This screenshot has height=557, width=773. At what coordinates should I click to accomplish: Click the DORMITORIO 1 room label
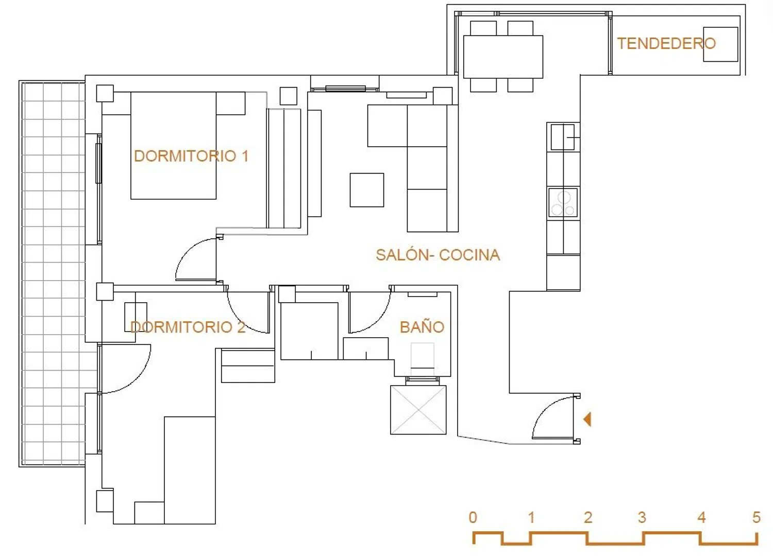tap(191, 156)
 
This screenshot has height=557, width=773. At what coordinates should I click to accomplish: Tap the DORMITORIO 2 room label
tap(188, 327)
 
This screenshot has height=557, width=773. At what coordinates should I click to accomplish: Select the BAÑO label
tap(422, 327)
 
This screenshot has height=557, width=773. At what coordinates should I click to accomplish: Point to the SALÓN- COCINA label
tap(438, 255)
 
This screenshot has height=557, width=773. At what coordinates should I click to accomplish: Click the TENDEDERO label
tap(666, 44)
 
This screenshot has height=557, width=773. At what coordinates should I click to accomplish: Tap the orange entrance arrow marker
tap(587, 419)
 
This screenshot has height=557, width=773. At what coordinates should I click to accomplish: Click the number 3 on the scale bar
tap(642, 517)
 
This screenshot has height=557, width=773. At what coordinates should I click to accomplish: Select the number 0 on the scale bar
tap(473, 517)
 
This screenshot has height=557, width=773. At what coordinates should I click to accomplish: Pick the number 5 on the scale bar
tap(756, 517)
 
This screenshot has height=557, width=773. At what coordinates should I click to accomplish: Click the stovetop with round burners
tap(563, 203)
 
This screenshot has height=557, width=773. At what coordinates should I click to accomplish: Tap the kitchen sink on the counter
tap(563, 137)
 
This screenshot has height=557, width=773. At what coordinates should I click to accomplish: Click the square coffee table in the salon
tap(367, 190)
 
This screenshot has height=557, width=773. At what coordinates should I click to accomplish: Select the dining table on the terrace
tap(503, 57)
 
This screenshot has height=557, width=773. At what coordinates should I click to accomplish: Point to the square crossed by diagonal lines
tap(418, 410)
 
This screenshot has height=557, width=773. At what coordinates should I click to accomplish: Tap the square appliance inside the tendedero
tap(720, 44)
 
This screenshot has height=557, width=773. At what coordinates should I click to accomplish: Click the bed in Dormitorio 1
tap(174, 146)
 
